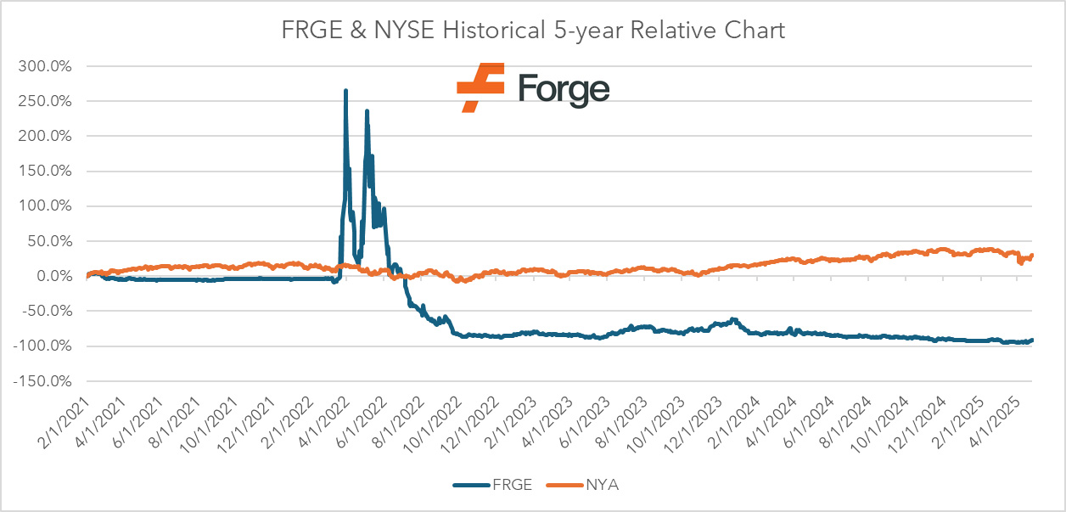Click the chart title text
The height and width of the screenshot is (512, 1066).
pos(533,31)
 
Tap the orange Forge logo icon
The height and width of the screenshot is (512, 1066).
pos(480,87)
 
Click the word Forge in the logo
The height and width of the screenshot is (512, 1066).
pos(564,88)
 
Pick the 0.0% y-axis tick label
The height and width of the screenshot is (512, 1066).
pos(59,276)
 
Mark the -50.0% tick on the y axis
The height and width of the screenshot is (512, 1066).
pos(53,311)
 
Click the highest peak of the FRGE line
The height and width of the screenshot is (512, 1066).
pos(345,90)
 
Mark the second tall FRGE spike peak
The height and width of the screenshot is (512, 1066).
pos(367,110)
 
